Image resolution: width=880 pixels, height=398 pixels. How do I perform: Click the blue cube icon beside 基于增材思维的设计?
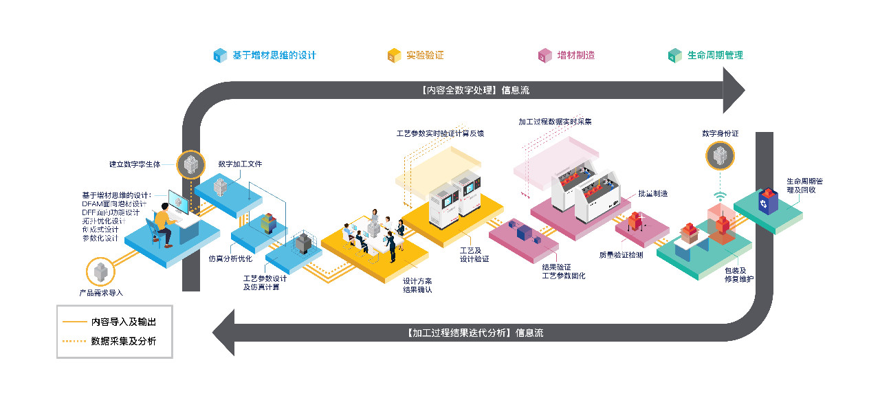[220, 56]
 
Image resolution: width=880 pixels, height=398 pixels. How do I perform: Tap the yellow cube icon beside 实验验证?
[395, 56]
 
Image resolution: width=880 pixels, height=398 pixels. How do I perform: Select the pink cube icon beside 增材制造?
[545, 56]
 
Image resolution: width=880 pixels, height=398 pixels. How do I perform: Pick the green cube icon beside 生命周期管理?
[675, 56]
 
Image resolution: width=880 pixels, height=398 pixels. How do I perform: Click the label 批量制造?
[652, 194]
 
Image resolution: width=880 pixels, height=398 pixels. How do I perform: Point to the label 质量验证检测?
[621, 255]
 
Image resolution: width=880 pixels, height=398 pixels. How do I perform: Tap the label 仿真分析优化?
[230, 258]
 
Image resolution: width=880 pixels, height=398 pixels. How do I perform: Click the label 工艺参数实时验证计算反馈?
[440, 133]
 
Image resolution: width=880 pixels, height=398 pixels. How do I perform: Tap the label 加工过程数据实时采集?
[555, 122]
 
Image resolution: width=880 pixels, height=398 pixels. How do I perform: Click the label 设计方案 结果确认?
[417, 285]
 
